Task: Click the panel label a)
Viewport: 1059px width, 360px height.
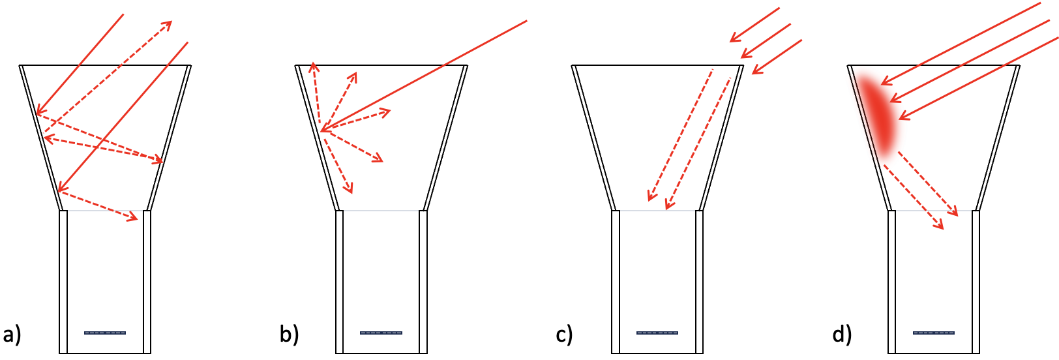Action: point(12,335)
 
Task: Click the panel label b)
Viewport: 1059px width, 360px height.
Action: point(289,335)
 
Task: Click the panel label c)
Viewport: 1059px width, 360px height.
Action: point(565,335)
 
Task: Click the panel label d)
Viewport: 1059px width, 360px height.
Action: point(842,335)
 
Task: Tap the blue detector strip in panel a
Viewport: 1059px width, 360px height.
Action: point(105,333)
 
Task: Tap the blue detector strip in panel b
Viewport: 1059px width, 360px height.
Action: point(381,333)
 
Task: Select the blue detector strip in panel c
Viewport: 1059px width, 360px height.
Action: point(657,333)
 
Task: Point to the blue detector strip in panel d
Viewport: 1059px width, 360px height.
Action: point(934,333)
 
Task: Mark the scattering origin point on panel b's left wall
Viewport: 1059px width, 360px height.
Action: point(321,131)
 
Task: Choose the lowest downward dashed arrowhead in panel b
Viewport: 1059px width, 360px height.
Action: point(351,191)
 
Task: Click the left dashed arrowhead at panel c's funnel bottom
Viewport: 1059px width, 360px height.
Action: point(649,198)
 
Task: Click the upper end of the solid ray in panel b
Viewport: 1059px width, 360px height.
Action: point(526,21)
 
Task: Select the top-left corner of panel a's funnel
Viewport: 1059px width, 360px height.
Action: point(20,65)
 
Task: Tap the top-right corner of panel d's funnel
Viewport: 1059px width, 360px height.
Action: point(1019,65)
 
